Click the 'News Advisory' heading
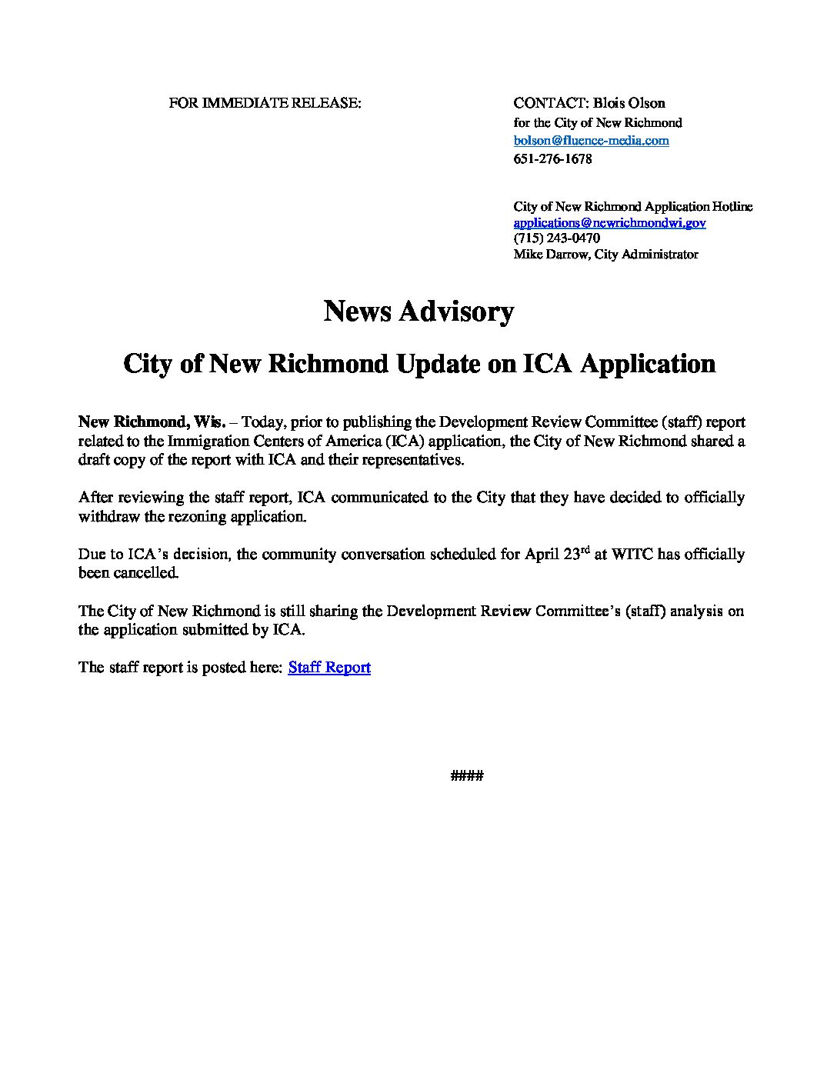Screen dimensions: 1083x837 [418, 312]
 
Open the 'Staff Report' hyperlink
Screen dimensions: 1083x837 [329, 668]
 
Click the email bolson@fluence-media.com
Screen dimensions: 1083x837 [591, 141]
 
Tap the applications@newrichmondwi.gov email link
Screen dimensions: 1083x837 [609, 223]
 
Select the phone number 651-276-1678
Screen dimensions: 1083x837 [552, 159]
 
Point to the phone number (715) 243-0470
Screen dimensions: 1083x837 [556, 238]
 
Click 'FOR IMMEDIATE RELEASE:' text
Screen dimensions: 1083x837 [265, 103]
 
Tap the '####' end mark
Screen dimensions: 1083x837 [466, 776]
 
